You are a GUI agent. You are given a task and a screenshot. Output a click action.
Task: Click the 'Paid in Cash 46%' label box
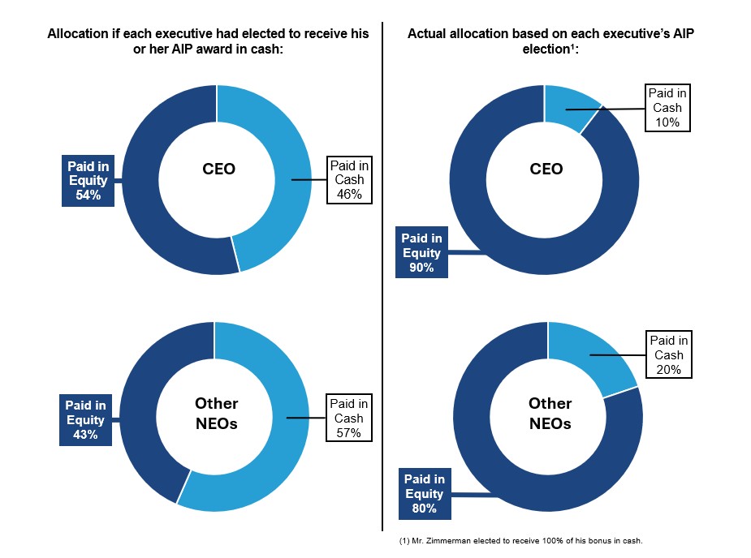click(349, 179)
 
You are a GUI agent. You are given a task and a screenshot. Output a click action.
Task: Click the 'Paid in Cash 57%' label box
click(348, 418)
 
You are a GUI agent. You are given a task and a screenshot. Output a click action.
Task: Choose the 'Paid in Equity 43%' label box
click(85, 419)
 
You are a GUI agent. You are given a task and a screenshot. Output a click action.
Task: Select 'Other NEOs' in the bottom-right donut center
click(550, 413)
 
